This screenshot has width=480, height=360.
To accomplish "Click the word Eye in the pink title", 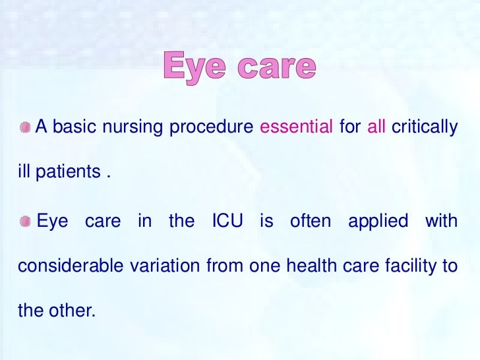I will pos(194,67).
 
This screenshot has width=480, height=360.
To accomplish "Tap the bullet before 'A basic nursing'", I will pos(24,127).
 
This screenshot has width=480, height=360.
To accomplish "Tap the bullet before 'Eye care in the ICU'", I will pos(24,222).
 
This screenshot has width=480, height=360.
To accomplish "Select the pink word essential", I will pos(296,127).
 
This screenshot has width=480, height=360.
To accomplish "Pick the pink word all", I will pos(376,127).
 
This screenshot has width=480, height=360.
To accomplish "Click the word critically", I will pos(424,127).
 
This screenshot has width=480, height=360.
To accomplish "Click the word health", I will pos(306,266).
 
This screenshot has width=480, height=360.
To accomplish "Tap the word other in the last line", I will pos(72,311).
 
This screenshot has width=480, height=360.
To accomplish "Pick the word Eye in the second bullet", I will pos(51,222).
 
